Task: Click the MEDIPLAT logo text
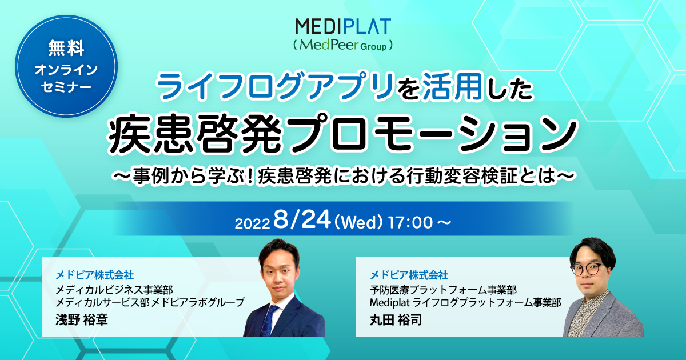[343, 26]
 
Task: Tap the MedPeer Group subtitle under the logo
[343, 44]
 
